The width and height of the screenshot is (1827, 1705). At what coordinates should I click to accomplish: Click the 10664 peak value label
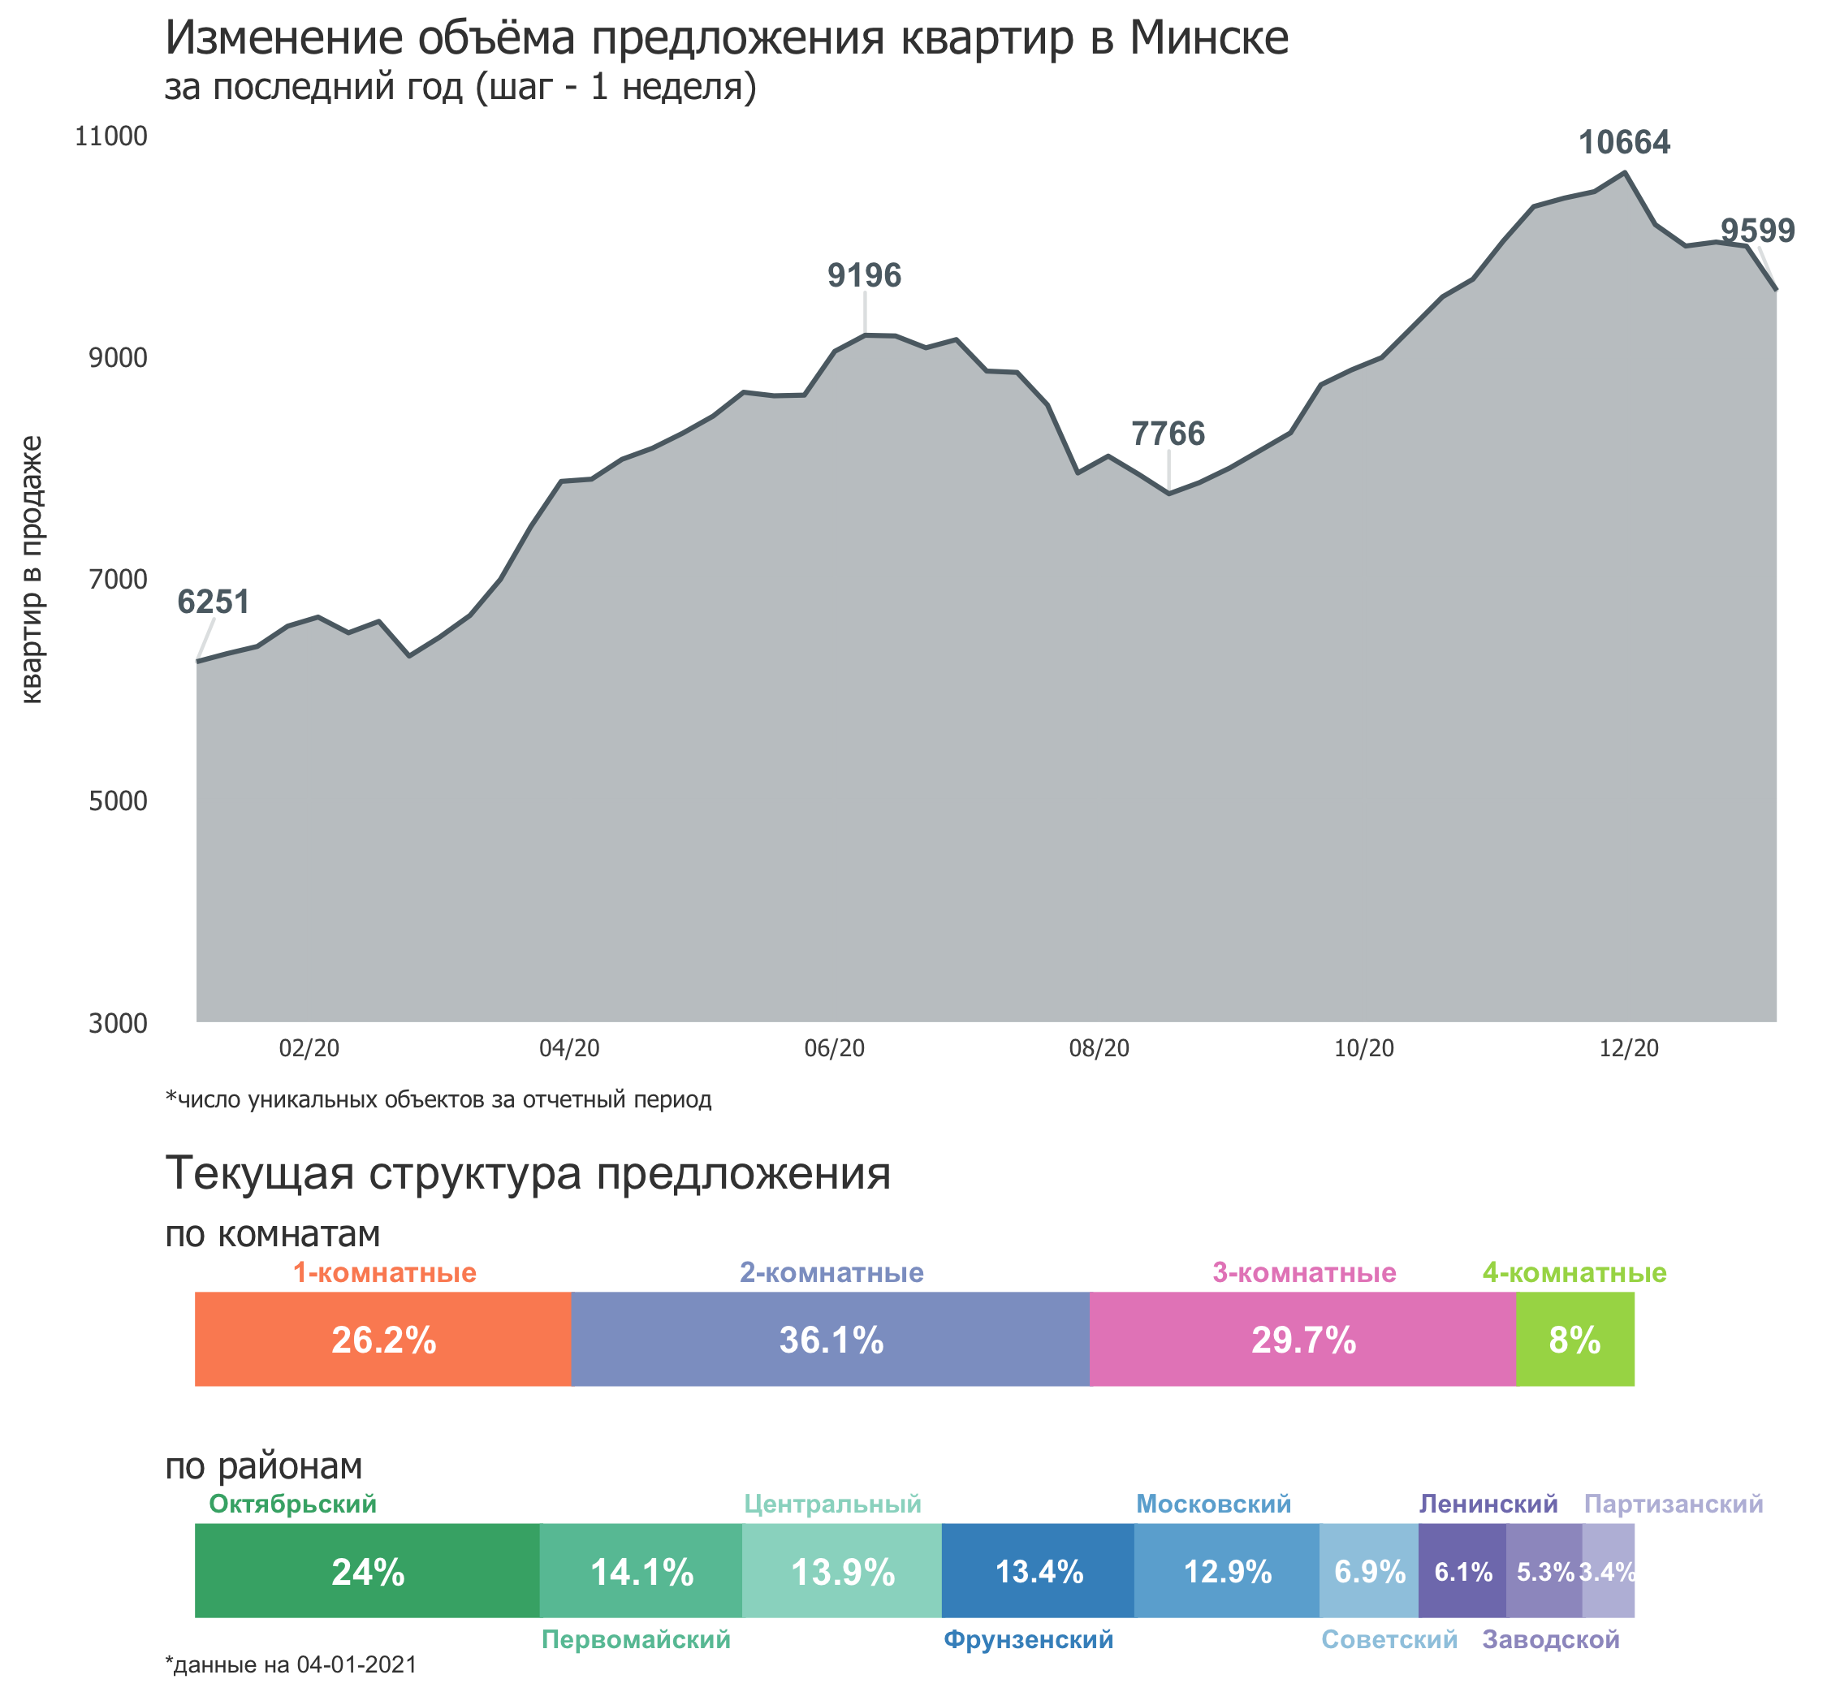coord(1624,142)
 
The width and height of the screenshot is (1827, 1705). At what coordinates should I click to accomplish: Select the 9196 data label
coord(864,274)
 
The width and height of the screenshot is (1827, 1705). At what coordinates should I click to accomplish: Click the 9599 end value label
coord(1757,231)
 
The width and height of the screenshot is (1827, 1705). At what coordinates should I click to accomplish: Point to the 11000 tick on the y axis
coord(111,136)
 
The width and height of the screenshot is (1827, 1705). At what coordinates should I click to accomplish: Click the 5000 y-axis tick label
coord(118,801)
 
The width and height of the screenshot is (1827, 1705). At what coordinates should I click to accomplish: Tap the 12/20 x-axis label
coord(1629,1048)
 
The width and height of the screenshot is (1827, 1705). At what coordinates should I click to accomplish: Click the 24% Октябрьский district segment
coord(367,1572)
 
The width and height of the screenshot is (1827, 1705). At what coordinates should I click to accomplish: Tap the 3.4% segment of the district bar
coord(1608,1572)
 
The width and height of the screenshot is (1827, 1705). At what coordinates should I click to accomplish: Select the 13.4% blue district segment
coord(1038,1572)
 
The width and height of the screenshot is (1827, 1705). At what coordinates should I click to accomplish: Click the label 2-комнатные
coord(831,1272)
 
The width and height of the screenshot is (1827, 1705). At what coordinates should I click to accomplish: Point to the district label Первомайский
coord(635,1638)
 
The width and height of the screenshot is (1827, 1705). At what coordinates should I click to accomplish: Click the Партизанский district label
coord(1673,1504)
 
